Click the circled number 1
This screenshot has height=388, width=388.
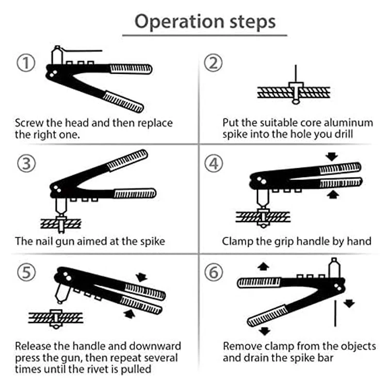click(26, 63)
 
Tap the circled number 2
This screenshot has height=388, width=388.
click(213, 63)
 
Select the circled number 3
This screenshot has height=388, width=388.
click(27, 163)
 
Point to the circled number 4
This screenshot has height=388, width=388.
click(214, 163)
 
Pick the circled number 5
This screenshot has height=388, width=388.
click(27, 272)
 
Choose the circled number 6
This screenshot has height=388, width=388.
click(214, 272)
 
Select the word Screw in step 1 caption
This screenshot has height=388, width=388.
click(29, 123)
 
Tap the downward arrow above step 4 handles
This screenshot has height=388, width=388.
click(332, 157)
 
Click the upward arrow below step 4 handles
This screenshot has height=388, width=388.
click(333, 194)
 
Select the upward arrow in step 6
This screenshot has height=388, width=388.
click(263, 267)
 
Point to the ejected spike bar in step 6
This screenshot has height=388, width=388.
click(335, 313)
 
